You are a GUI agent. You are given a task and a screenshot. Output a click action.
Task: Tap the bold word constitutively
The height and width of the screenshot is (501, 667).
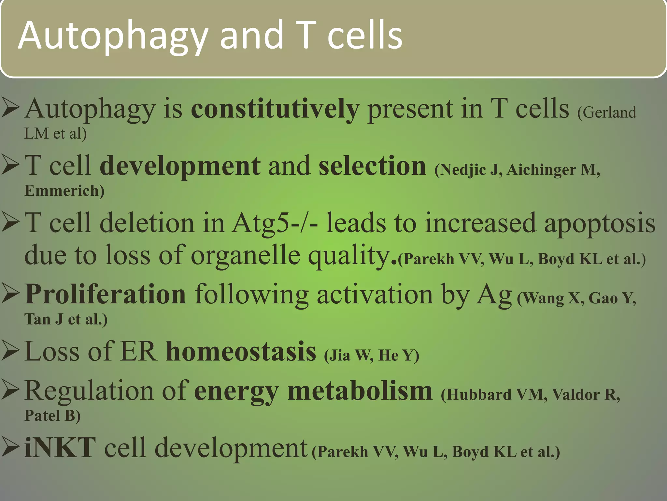(275, 109)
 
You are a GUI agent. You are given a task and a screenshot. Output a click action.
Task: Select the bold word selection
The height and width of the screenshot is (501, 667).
(372, 166)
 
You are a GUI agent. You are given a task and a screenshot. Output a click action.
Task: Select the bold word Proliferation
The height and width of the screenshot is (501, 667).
(105, 294)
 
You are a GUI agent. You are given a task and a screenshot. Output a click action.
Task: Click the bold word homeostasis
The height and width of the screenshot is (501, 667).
(241, 352)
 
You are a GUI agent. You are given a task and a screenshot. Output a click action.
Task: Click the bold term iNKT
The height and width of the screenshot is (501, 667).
(60, 448)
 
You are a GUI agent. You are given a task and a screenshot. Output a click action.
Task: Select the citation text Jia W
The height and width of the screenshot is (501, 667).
(349, 356)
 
